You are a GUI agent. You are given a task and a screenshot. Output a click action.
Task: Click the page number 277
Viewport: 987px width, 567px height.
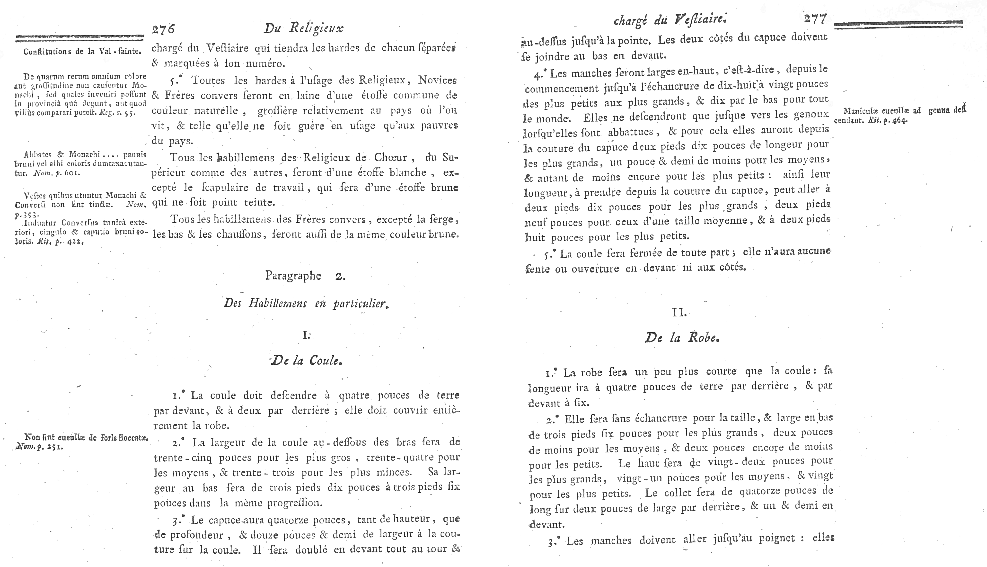[x=815, y=19]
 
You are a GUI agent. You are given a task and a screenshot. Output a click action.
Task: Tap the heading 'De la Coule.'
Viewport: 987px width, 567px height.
[x=306, y=360]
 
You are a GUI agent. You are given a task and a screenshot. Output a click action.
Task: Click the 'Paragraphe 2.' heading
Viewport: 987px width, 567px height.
[x=305, y=276]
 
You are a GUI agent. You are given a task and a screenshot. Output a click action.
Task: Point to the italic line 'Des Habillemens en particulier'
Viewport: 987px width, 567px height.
[x=306, y=303]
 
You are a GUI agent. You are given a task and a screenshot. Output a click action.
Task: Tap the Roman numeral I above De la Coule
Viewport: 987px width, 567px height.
[x=306, y=335]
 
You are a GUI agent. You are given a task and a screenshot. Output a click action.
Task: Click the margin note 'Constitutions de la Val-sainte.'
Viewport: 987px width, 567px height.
[x=82, y=51]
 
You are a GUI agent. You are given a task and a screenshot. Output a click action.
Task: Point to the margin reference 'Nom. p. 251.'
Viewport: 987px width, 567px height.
[x=39, y=447]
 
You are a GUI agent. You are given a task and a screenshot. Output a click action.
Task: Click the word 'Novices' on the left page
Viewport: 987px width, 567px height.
[x=437, y=80]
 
